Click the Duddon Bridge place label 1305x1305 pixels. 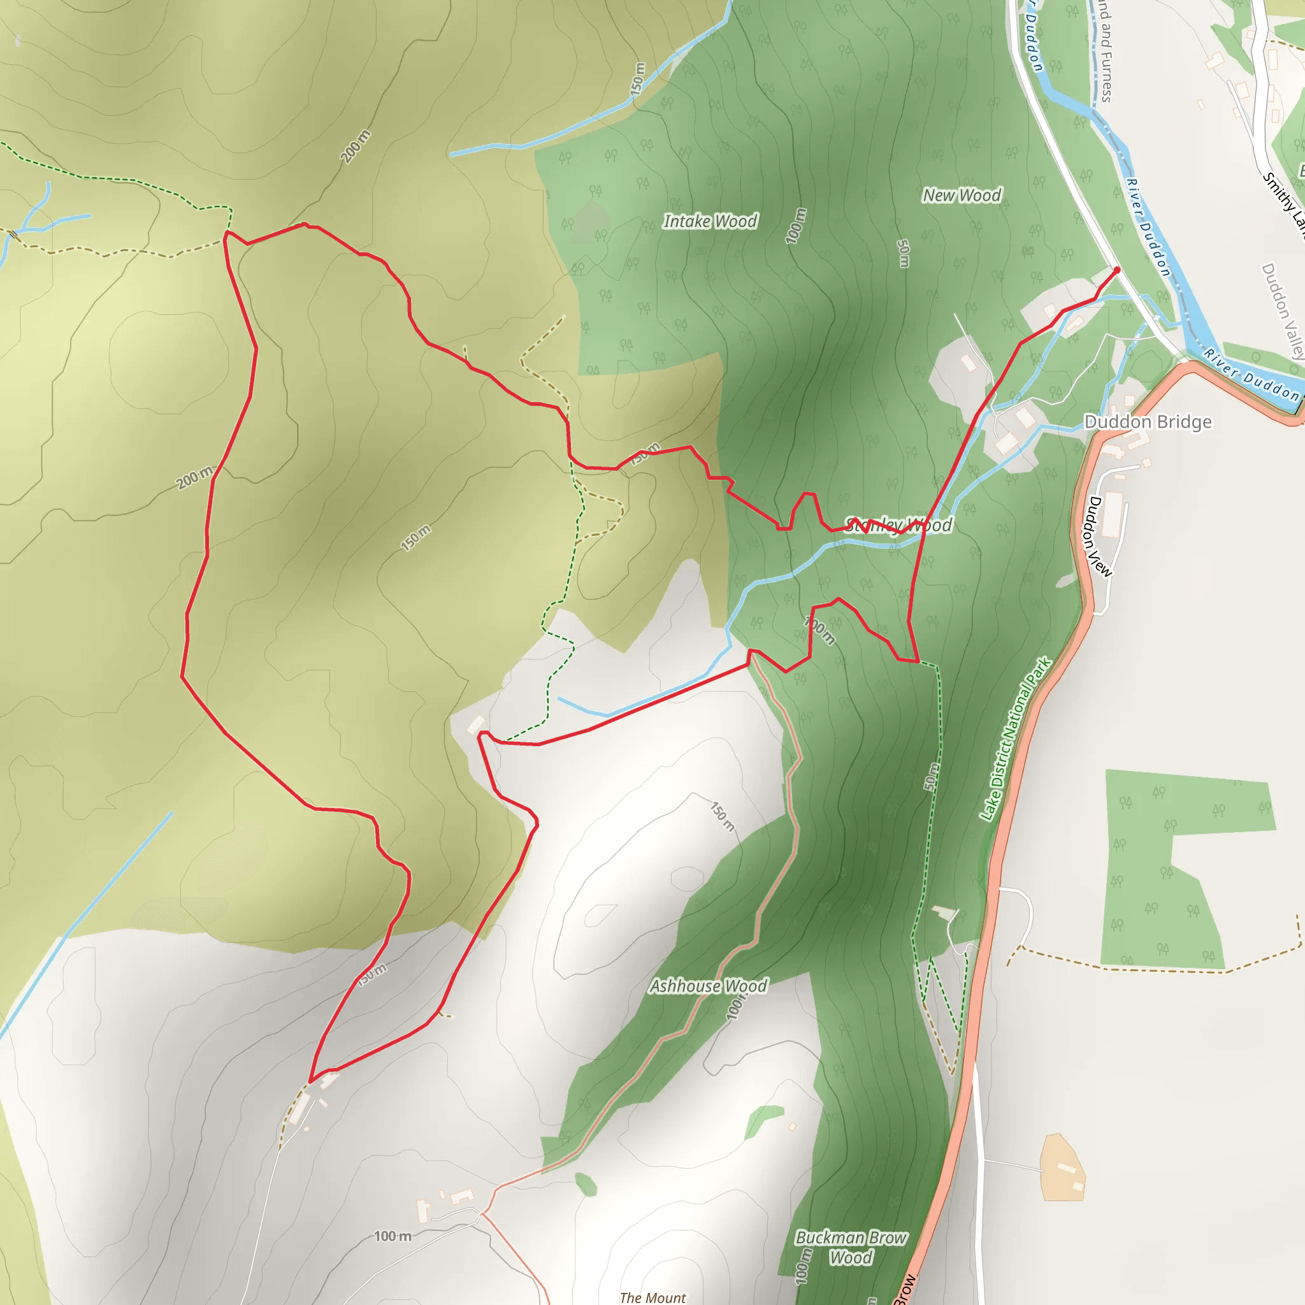(x=1148, y=422)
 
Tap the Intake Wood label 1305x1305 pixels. (x=710, y=222)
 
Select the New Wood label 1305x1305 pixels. (x=962, y=195)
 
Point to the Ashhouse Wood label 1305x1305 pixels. (x=708, y=986)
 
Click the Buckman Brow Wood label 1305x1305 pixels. (x=851, y=1247)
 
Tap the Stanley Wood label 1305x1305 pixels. (x=898, y=526)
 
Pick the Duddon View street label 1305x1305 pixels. (x=1097, y=537)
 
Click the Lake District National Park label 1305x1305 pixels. (x=1015, y=739)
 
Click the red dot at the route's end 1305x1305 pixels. (x=1116, y=270)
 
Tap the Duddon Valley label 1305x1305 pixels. (x=1282, y=311)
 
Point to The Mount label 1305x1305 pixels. (x=652, y=1297)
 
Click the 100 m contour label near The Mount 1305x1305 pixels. (x=393, y=1236)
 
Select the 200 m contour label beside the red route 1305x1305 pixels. (x=194, y=477)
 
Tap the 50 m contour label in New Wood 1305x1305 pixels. (x=903, y=254)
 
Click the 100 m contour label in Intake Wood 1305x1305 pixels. (x=797, y=226)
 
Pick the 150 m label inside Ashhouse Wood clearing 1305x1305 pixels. (x=722, y=817)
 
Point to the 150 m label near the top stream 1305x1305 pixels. (x=638, y=78)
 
